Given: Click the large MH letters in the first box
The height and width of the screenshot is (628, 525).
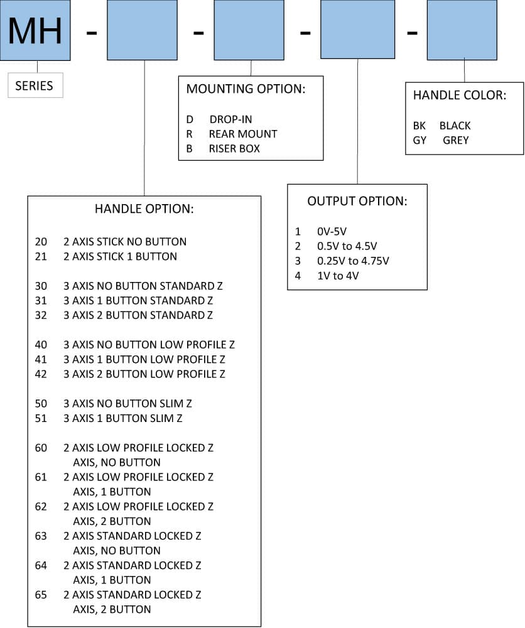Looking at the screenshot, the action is point(35,31).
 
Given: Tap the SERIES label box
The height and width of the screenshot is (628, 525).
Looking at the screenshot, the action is point(35,85).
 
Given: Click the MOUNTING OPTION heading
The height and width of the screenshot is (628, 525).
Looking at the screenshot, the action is point(246,89).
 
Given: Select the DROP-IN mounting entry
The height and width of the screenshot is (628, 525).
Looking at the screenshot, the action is point(230,119).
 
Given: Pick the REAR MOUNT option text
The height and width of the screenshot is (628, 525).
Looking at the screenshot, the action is point(242,134).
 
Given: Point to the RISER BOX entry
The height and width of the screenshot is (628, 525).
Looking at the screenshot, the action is point(234,149).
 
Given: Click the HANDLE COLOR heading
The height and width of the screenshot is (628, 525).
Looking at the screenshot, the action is point(459,95).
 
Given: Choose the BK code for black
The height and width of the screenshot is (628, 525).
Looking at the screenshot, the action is point(419,126).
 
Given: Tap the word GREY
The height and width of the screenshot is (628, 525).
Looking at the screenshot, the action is point(456,140).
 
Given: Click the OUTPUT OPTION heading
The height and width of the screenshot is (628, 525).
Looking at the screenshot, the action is point(357,201).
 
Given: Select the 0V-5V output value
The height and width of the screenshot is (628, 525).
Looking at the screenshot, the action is point(332,232).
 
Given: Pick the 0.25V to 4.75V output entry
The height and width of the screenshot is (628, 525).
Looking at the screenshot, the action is point(353,261).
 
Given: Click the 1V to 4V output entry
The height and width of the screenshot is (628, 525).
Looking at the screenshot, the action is point(338,276).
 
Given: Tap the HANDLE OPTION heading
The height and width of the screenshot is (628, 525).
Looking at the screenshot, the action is point(144,208).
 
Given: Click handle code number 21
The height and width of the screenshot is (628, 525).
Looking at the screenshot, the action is point(41,256).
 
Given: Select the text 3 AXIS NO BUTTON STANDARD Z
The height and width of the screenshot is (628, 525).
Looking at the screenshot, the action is point(143,286).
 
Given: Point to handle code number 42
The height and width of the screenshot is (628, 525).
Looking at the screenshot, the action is point(41,374).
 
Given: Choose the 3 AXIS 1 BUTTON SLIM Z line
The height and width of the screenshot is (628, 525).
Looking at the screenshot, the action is point(123,418).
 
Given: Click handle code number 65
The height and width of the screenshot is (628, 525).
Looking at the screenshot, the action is point(41,595).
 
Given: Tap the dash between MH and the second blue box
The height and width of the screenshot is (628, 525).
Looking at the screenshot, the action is point(92,33).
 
